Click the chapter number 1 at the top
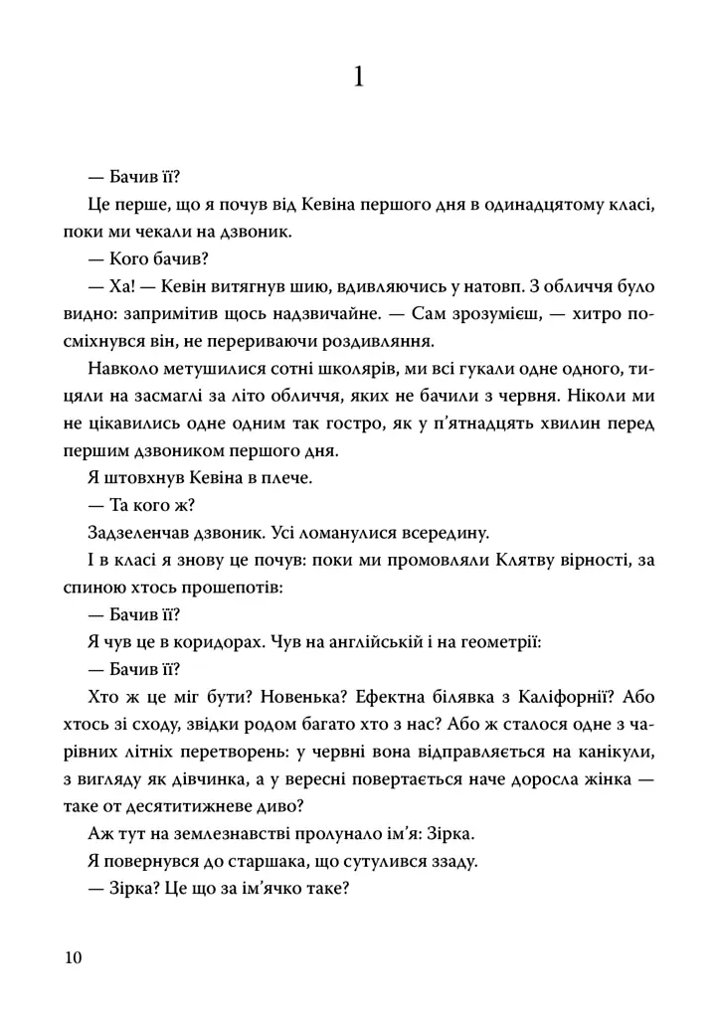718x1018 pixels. [x=359, y=76]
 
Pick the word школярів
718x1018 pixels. [x=304, y=371]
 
